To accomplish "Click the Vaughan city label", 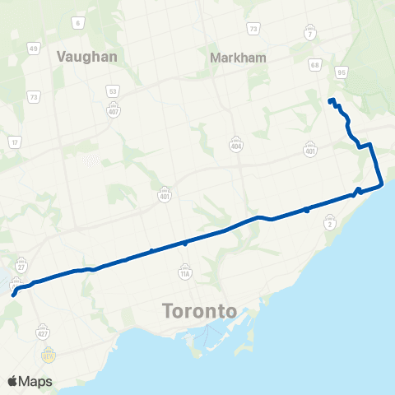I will click(87, 57).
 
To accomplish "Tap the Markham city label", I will click(236, 58).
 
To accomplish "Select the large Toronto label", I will click(200, 312).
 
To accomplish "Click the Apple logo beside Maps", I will click(12, 381).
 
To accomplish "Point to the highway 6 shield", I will click(78, 24).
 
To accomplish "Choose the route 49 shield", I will click(34, 49).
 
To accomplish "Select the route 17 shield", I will click(14, 142).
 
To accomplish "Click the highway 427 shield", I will click(43, 332).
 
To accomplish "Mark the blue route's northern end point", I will click(330, 101).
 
